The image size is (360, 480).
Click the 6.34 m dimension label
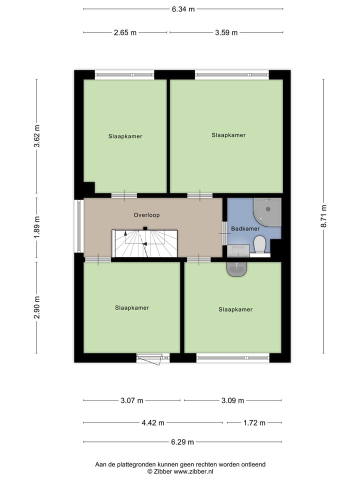pyautogui.click(x=183, y=9)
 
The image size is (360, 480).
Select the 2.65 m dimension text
pyautogui.click(x=125, y=32)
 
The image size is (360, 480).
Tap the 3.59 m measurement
pyautogui.click(x=226, y=32)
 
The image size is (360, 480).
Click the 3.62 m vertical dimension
pyautogui.click(x=36, y=136)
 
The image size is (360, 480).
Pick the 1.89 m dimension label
pyautogui.click(x=36, y=228)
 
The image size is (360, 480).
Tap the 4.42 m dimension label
pyautogui.click(x=153, y=422)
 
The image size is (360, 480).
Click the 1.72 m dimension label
pyautogui.click(x=254, y=422)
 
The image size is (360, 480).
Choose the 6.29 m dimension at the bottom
pyautogui.click(x=182, y=442)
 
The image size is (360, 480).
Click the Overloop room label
pyautogui.click(x=146, y=215)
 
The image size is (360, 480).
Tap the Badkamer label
pyautogui.click(x=245, y=228)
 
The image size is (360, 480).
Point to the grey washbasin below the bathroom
pyautogui.click(x=236, y=269)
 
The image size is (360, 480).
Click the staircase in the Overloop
pyautogui.click(x=145, y=243)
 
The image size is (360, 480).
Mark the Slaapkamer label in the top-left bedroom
pyautogui.click(x=125, y=136)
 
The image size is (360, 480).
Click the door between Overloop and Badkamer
pyautogui.click(x=224, y=233)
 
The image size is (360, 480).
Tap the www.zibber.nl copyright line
pyautogui.click(x=180, y=471)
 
